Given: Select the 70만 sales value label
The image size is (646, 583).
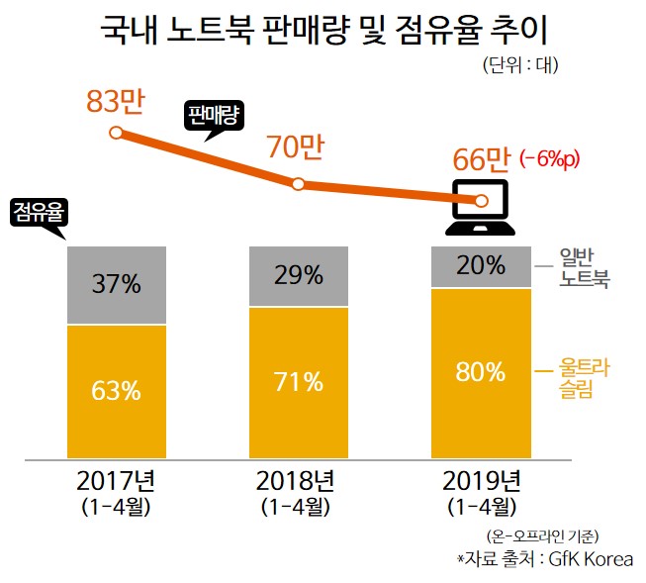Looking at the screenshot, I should (x=296, y=147).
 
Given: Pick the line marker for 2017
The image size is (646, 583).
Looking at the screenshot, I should (x=116, y=133).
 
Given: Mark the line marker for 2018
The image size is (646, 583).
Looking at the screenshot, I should (x=299, y=184).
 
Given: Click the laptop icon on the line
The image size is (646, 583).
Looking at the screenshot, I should (x=481, y=206).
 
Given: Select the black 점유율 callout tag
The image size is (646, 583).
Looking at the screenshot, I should (x=41, y=212).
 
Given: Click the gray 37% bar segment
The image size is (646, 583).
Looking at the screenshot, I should (x=116, y=285).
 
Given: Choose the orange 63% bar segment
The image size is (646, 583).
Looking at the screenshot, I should (x=116, y=390).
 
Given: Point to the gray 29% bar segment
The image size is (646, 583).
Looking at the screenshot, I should (x=299, y=276).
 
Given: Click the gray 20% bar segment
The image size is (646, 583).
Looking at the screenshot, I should (x=482, y=266).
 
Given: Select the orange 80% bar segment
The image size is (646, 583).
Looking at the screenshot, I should (x=482, y=373).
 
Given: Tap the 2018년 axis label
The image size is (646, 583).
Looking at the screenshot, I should (x=299, y=482).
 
